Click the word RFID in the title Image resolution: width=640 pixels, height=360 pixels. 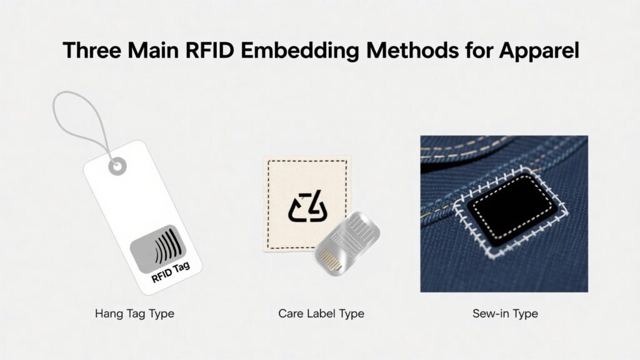pyautogui.click(x=209, y=50)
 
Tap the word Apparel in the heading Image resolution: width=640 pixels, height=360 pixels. pyautogui.click(x=539, y=51)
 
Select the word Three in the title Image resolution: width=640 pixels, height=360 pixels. pyautogui.click(x=92, y=50)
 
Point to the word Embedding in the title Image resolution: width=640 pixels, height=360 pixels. pyautogui.click(x=299, y=51)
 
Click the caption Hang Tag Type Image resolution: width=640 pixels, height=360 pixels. pyautogui.click(x=135, y=314)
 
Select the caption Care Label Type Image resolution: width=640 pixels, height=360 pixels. pyautogui.click(x=321, y=314)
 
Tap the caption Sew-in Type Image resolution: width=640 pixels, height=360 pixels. pyautogui.click(x=505, y=314)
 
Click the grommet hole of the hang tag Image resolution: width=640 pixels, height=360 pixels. pyautogui.click(x=117, y=166)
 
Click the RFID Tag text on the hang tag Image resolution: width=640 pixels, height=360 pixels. pyautogui.click(x=171, y=272)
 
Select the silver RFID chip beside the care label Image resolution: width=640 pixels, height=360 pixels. pyautogui.click(x=346, y=243)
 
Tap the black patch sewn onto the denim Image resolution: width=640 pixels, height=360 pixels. pyautogui.click(x=512, y=209)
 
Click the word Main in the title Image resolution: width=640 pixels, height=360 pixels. pyautogui.click(x=153, y=50)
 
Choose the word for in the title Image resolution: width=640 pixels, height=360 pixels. pyautogui.click(x=479, y=50)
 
